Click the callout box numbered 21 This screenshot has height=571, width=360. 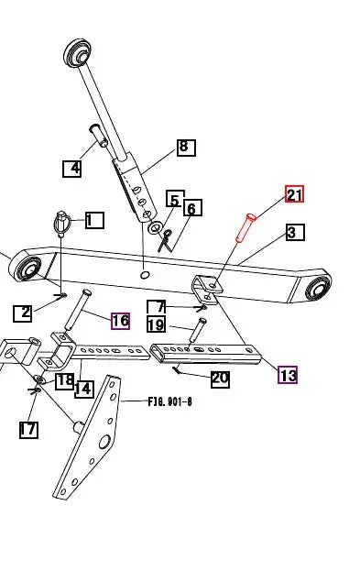294,194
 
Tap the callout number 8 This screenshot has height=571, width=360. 186,148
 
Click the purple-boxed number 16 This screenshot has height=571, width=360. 121,321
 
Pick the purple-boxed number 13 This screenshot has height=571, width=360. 288,375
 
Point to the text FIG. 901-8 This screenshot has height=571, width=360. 170,402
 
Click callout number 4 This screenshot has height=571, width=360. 72,169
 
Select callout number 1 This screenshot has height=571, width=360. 94,220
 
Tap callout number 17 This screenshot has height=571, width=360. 28,430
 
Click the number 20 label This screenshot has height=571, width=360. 220,379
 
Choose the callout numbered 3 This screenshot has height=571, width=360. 294,232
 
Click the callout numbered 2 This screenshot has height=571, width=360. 23,313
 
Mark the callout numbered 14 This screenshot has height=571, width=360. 83,390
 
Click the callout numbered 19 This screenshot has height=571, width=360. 156,324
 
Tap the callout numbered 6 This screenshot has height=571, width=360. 192,208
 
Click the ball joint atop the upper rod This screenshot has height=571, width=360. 77,53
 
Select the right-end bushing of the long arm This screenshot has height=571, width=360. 318,287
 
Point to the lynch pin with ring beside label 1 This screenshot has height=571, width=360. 60,225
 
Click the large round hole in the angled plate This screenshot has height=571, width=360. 104,442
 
